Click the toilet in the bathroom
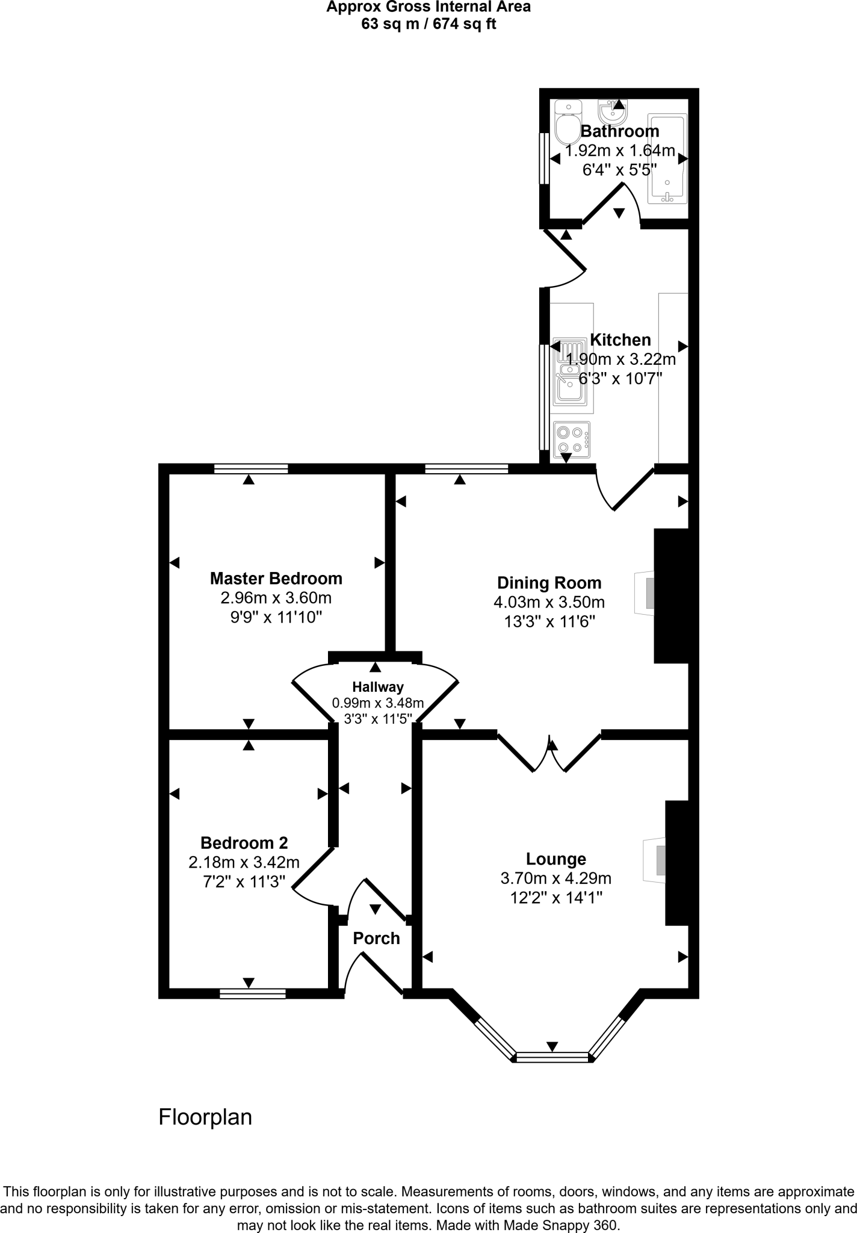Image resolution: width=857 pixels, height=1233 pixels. point(568,122)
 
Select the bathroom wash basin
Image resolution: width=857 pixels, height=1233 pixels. point(613,111)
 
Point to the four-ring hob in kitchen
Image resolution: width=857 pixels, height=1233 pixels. point(571,439)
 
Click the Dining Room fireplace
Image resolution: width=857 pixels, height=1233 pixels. point(645,594)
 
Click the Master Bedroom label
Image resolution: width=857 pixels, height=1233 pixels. point(276,579)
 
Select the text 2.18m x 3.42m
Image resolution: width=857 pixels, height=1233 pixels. point(244,863)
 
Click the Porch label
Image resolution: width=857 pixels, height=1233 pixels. point(376,939)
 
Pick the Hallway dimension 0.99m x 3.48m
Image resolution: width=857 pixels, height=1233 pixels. point(378,703)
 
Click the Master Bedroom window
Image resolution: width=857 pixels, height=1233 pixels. point(251,469)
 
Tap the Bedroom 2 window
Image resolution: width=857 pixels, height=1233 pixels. point(252,993)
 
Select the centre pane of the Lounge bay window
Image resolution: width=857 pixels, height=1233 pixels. point(552,1055)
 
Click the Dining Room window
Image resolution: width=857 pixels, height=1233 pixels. point(466,469)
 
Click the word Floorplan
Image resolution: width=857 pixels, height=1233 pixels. point(205,1117)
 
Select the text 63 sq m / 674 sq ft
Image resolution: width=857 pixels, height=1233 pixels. point(428,25)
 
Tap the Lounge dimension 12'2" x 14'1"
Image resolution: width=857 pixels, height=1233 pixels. point(555,898)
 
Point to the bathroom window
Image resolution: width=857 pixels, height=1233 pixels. point(543,158)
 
